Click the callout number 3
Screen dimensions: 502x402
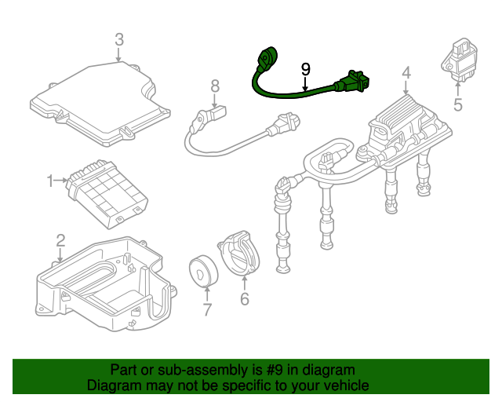point(119,39)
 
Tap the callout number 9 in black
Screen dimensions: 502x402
point(306,69)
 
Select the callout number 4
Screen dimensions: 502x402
point(406,73)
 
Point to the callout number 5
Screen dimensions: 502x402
point(458,104)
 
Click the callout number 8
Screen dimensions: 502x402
point(215,86)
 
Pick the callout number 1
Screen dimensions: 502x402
point(50,181)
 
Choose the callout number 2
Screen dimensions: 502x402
point(61,241)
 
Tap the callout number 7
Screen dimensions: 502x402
point(207,309)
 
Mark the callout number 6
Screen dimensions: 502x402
point(245,299)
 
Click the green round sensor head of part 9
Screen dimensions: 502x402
point(267,57)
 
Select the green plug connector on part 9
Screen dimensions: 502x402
point(351,82)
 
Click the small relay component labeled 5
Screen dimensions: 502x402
point(460,60)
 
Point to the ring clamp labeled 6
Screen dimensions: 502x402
point(239,254)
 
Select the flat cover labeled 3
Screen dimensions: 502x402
point(100,104)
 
